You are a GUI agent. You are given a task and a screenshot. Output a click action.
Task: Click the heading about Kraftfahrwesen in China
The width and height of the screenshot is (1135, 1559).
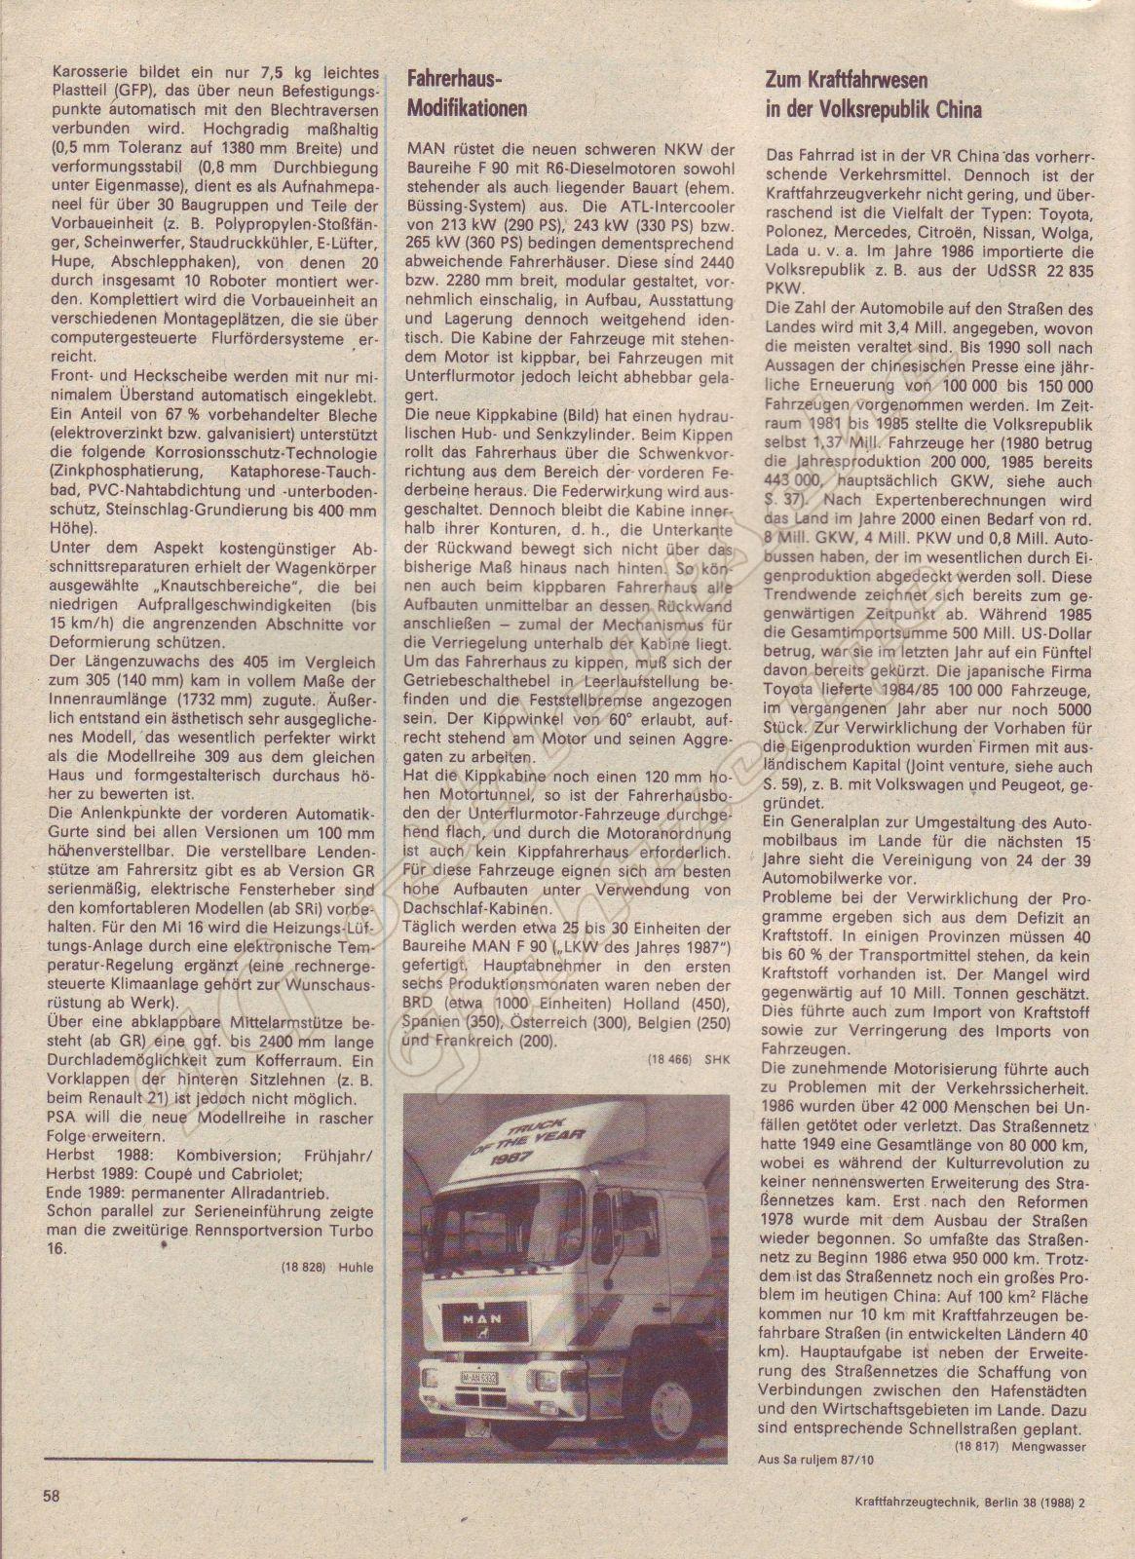click(872, 95)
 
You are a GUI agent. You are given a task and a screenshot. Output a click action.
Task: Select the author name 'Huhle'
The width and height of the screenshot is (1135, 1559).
click(357, 1267)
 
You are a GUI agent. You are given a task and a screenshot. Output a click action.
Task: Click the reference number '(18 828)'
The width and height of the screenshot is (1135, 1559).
click(309, 1267)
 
